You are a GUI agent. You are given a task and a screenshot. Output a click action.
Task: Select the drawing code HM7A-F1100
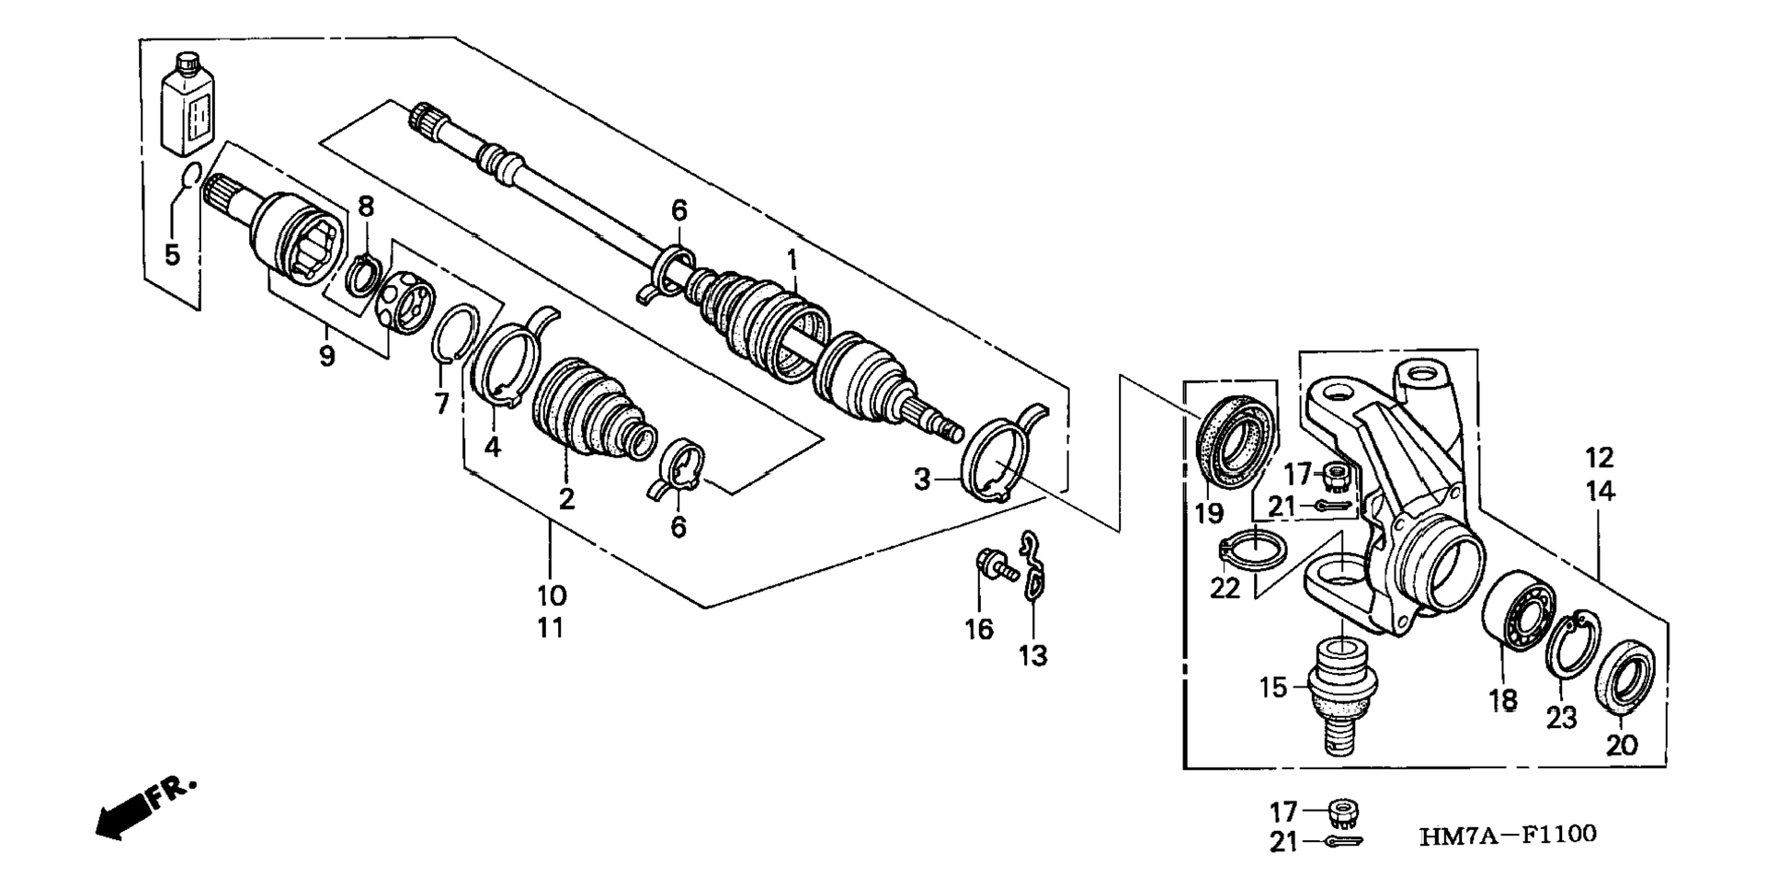(x=1508, y=835)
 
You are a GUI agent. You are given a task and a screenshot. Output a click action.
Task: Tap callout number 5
(x=173, y=254)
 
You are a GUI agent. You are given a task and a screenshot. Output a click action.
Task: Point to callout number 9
(x=327, y=355)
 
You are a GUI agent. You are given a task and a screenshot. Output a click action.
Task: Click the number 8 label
(x=366, y=207)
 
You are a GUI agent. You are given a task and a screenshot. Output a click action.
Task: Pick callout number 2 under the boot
(x=567, y=499)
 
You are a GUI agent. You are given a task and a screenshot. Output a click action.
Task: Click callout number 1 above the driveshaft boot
(x=792, y=261)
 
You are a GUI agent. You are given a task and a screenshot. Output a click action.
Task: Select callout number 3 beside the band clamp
(x=922, y=479)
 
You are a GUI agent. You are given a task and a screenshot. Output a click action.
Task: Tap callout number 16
(x=979, y=629)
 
